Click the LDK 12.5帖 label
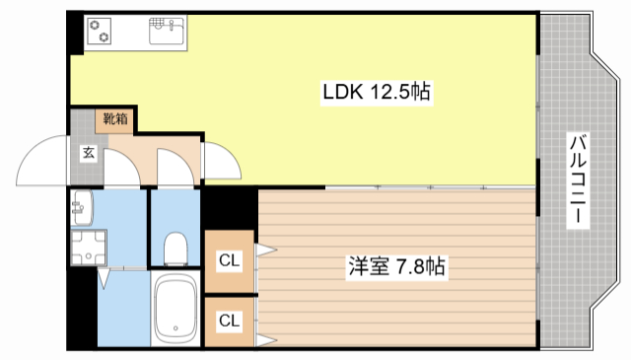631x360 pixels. click(376, 93)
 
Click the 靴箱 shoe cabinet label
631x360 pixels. click(114, 119)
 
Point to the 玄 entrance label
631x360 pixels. click(88, 153)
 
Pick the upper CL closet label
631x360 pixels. click(229, 260)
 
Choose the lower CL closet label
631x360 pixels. click(229, 321)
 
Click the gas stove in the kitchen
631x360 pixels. click(100, 33)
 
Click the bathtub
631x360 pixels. click(176, 308)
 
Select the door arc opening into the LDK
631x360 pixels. click(221, 161)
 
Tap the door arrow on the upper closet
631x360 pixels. click(264, 251)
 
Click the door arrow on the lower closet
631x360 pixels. click(264, 340)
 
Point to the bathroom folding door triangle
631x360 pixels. click(105, 281)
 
